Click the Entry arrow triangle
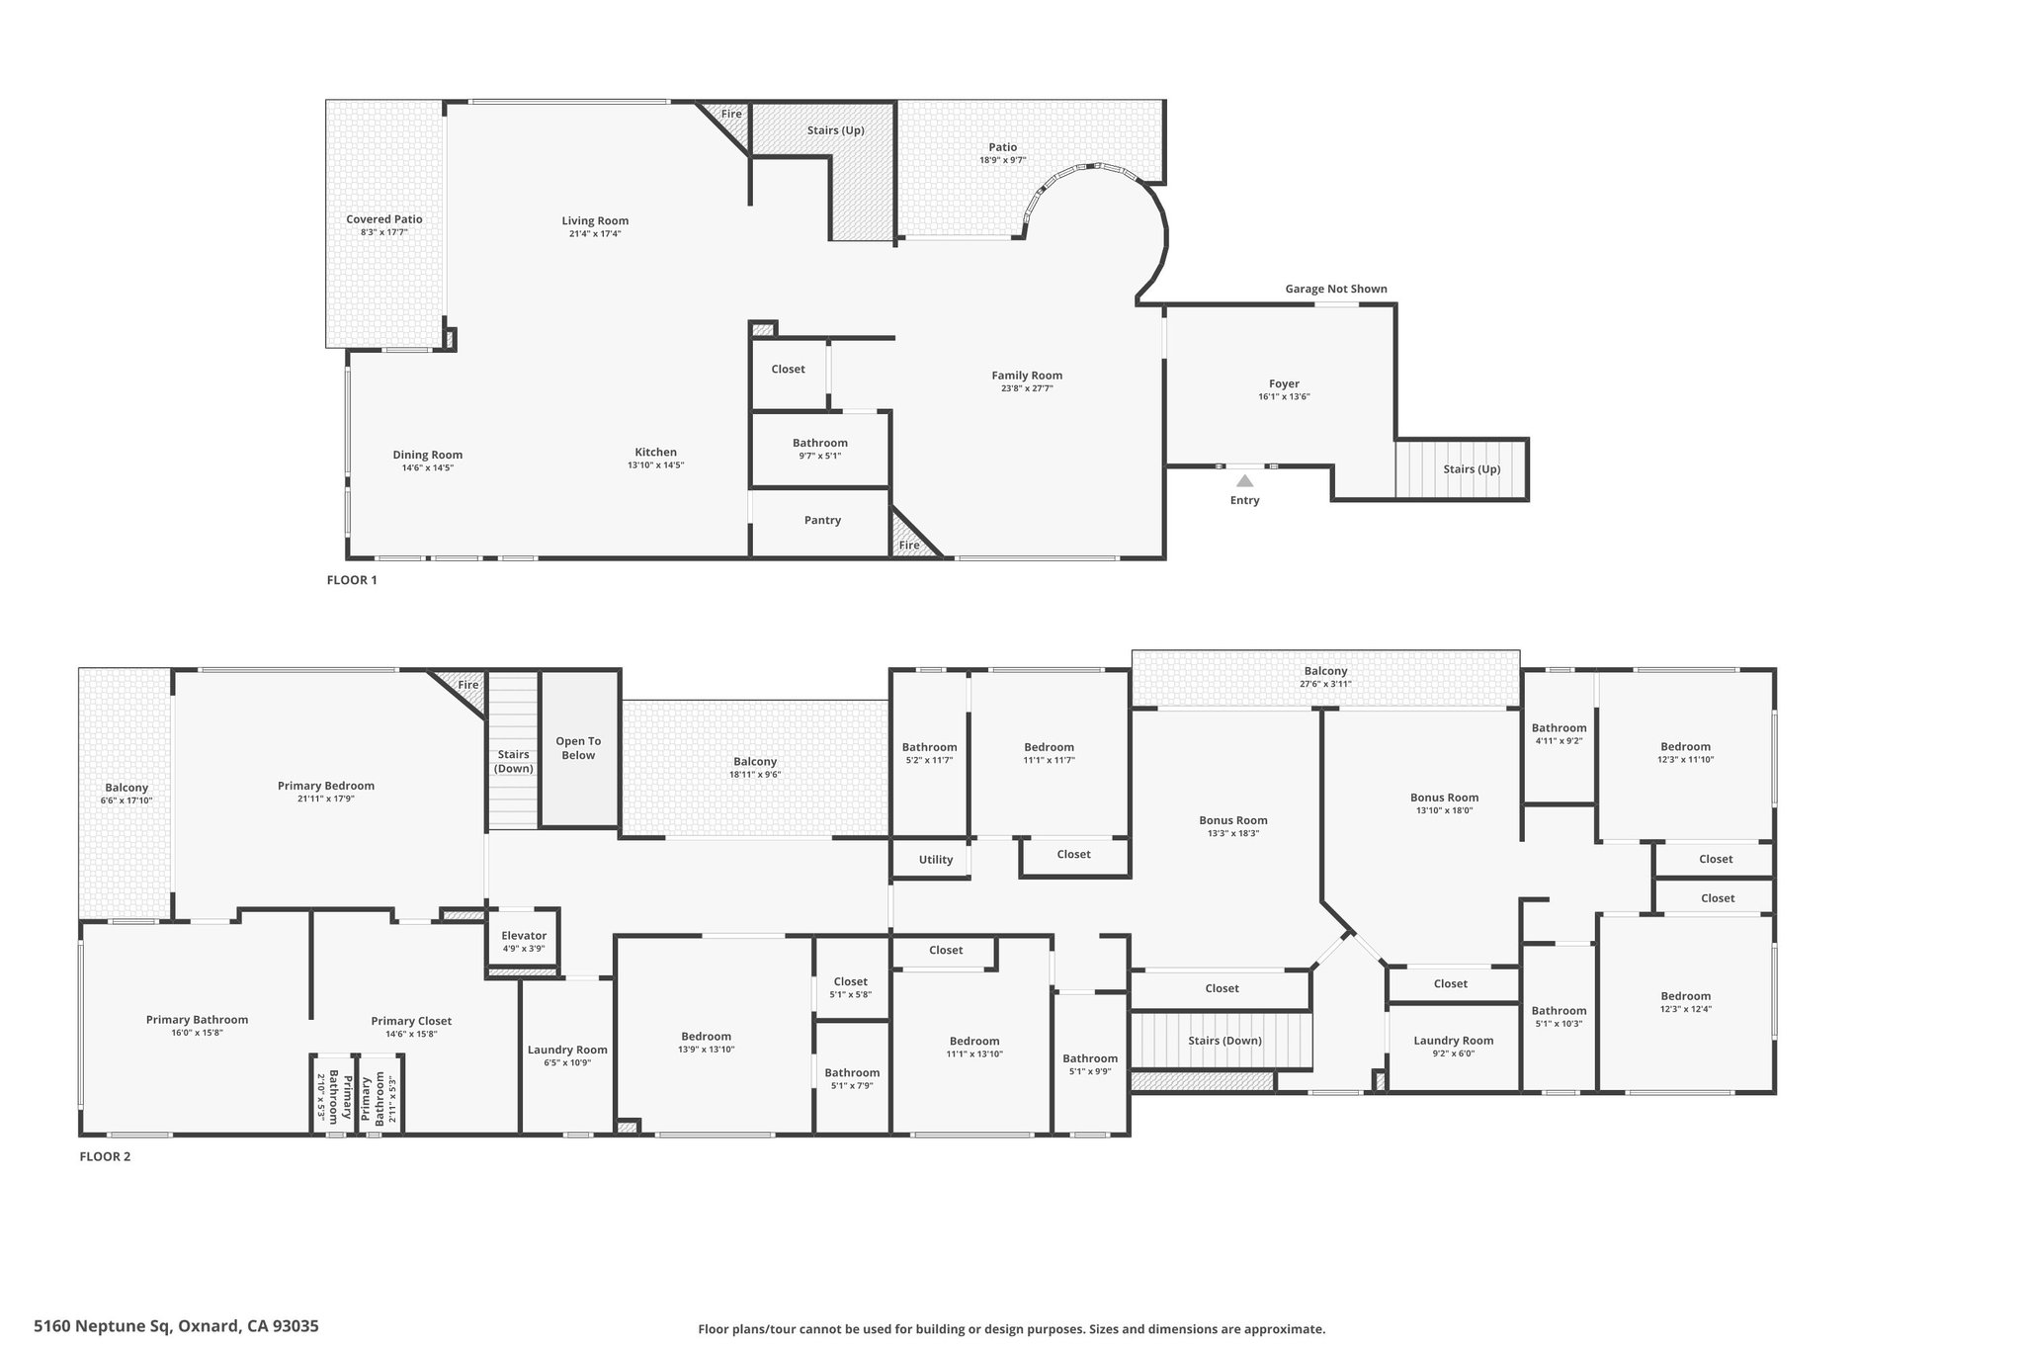pyautogui.click(x=1245, y=481)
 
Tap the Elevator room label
pyautogui.click(x=524, y=936)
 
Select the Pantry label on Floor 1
pyautogui.click(x=822, y=520)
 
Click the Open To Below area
pyautogui.click(x=578, y=749)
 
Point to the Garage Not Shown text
pyautogui.click(x=1336, y=290)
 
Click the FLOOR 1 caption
pyautogui.click(x=352, y=580)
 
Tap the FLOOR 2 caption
pyautogui.click(x=105, y=1156)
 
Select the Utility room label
pyautogui.click(x=936, y=860)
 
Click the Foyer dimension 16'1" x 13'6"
pyautogui.click(x=1285, y=397)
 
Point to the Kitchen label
pyautogui.click(x=656, y=453)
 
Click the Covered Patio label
pyautogui.click(x=384, y=219)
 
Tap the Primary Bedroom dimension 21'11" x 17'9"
pyautogui.click(x=326, y=799)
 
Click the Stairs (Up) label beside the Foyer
pyautogui.click(x=1472, y=469)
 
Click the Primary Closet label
pyautogui.click(x=411, y=1022)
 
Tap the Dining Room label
pyautogui.click(x=428, y=456)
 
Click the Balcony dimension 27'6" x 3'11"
pyautogui.click(x=1325, y=684)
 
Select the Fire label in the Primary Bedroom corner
pyautogui.click(x=468, y=685)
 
